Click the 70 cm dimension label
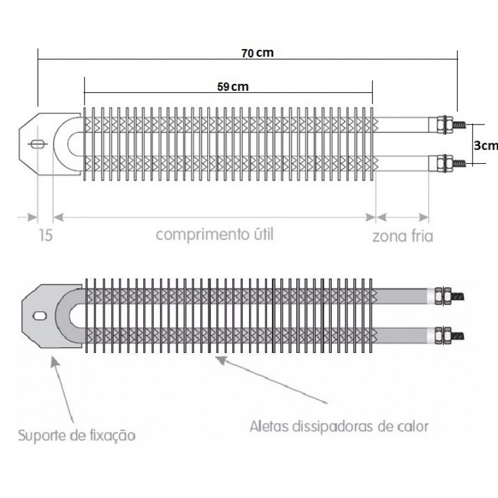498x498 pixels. coord(257,53)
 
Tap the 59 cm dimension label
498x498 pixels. coord(233,87)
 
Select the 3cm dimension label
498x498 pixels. coord(486,146)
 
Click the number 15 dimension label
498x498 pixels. coord(45,235)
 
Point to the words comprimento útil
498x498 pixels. coord(215,235)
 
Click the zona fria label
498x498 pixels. coord(402,236)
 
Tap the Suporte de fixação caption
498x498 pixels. coord(77,435)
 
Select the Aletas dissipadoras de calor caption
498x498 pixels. coord(339,426)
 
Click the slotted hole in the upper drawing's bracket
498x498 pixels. coord(38,144)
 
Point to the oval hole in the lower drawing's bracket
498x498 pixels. coord(40,316)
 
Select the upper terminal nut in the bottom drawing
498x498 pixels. coord(443,296)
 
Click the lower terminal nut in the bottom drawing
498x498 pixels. coord(443,336)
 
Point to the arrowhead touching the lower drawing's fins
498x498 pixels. coord(220,360)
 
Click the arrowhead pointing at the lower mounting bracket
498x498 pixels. coord(55,362)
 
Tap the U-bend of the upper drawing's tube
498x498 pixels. coord(61,144)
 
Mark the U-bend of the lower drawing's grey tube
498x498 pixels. coord(63,316)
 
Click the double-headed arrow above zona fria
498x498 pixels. coord(402,217)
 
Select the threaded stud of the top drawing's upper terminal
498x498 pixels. coord(459,125)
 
